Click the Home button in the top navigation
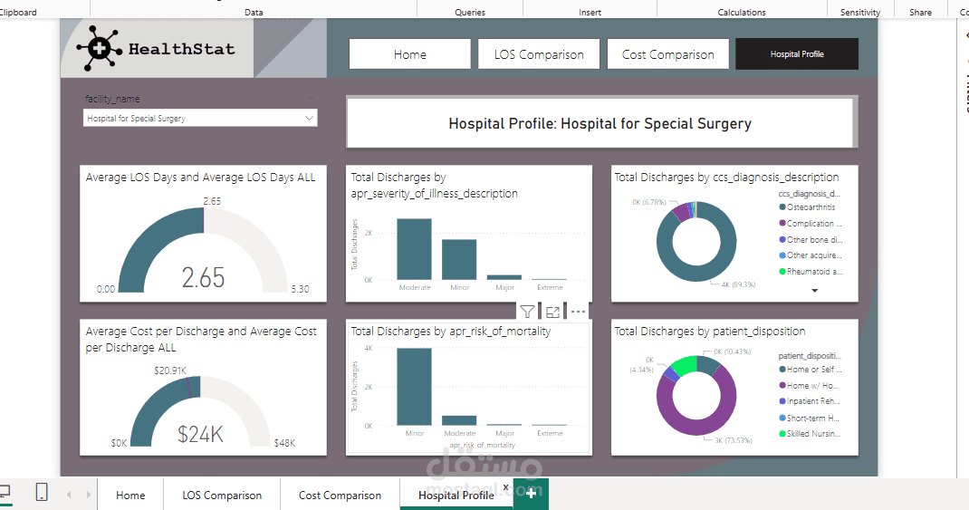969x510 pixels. point(409,54)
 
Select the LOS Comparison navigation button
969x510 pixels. point(539,54)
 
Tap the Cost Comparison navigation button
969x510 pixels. point(667,54)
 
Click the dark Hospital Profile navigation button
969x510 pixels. point(797,54)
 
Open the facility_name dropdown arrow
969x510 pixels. point(310,118)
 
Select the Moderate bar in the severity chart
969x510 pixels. point(415,249)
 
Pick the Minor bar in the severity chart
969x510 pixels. point(459,259)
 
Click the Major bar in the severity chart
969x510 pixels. point(504,276)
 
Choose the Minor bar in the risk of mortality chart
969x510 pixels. point(415,386)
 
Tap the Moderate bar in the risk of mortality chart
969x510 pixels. point(459,420)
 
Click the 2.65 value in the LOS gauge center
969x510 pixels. point(203,277)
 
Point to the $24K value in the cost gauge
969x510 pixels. point(200,435)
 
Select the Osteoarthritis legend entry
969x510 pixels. point(811,207)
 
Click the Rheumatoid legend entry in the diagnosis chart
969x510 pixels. point(814,272)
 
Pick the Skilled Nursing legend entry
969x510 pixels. point(814,434)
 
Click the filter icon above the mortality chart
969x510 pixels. point(527,312)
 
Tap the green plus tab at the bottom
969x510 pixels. point(531,495)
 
